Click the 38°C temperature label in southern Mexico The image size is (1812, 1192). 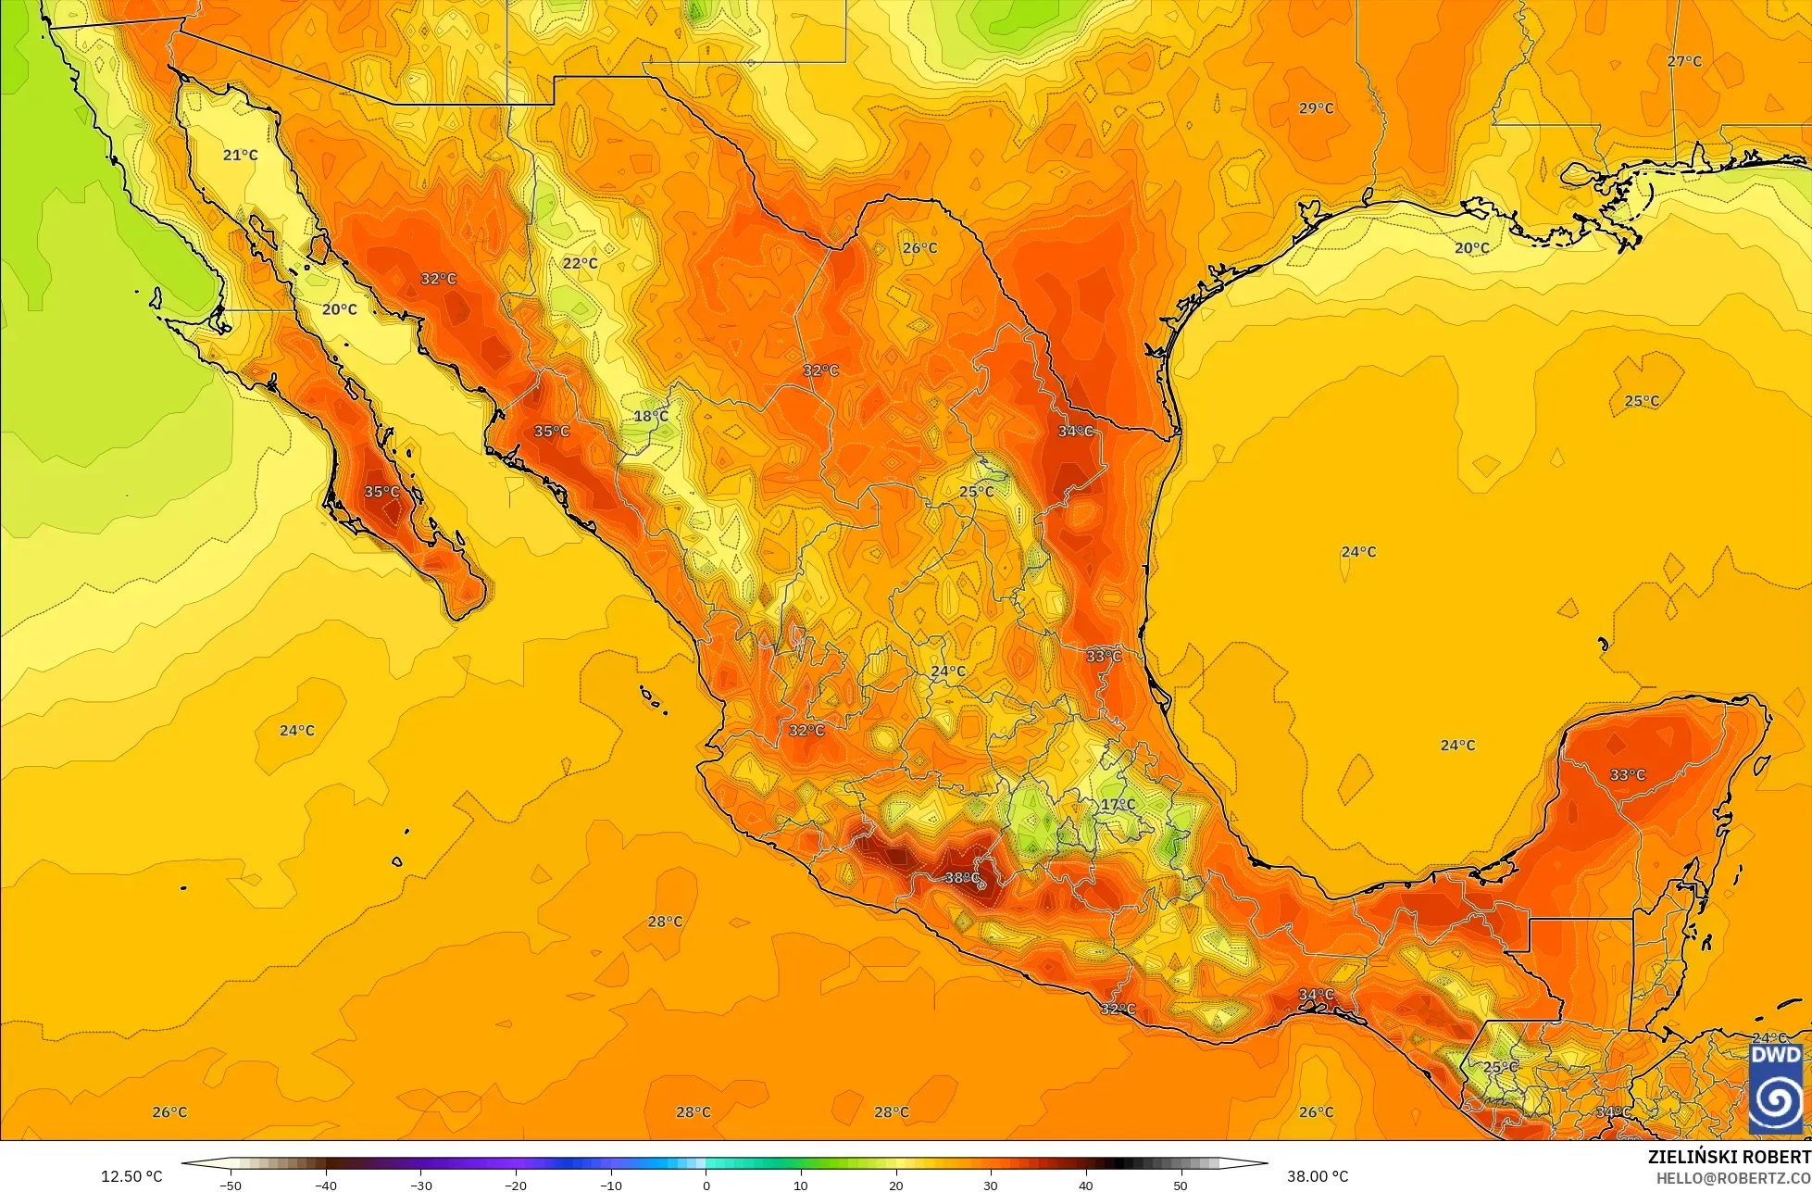[x=962, y=877]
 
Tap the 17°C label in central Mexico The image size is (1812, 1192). [x=1118, y=804]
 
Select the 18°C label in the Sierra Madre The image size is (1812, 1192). [x=651, y=416]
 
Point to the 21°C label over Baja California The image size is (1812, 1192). [x=241, y=155]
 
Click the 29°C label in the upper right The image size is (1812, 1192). [x=1316, y=108]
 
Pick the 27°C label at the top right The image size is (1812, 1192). [x=1684, y=61]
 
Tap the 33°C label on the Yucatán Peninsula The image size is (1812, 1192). [x=1628, y=774]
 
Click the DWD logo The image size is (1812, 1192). [x=1776, y=1088]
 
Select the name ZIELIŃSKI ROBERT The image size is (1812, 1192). [x=1729, y=1157]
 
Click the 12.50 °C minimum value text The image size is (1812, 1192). [x=131, y=1176]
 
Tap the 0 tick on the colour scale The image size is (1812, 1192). [x=706, y=1185]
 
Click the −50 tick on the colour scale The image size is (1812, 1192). [x=231, y=1185]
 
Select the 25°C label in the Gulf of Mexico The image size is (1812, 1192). [x=1642, y=400]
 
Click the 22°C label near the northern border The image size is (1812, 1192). [x=581, y=263]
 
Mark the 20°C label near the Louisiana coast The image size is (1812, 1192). [x=1471, y=247]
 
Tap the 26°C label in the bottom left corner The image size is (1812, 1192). [x=169, y=1111]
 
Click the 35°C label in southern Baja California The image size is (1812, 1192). [x=381, y=492]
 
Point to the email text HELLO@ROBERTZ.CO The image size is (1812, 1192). [x=1733, y=1177]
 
